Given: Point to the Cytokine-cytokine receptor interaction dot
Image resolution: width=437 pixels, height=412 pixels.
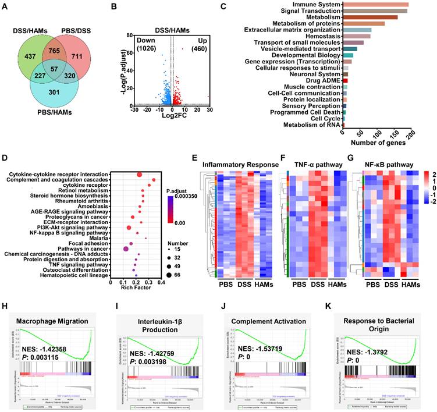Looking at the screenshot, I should (140, 175).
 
